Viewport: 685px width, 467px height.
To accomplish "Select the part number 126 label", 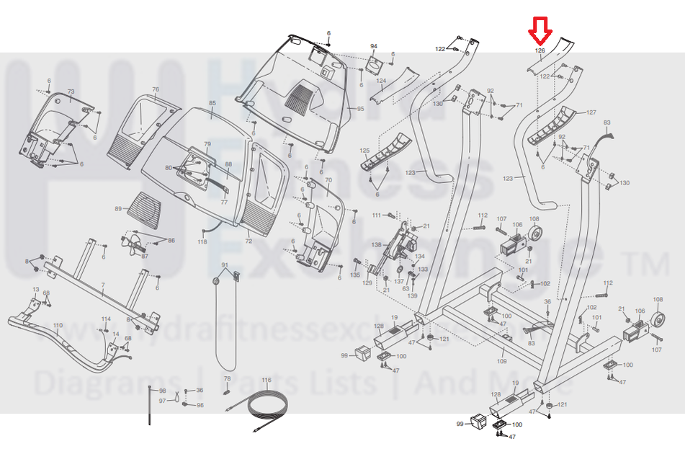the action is (540, 50).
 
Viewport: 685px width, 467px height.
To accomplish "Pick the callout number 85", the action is (212, 104).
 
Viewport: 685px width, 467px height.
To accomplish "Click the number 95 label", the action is (360, 108).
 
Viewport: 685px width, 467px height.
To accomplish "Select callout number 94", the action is (374, 46).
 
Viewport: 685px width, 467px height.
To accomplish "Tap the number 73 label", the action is (71, 92).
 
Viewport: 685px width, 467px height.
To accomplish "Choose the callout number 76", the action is (155, 90).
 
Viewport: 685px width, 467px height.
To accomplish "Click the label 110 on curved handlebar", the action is (58, 326).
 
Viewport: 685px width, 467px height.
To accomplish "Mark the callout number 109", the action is (502, 361).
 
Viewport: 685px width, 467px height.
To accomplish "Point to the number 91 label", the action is (225, 265).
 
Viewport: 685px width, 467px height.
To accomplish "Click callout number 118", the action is (202, 241).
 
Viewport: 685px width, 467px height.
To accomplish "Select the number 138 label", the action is (376, 245).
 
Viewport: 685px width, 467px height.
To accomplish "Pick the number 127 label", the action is (591, 112).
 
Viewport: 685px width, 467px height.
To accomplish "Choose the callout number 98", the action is (162, 391).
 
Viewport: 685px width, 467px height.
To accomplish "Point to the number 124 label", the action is (381, 81).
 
